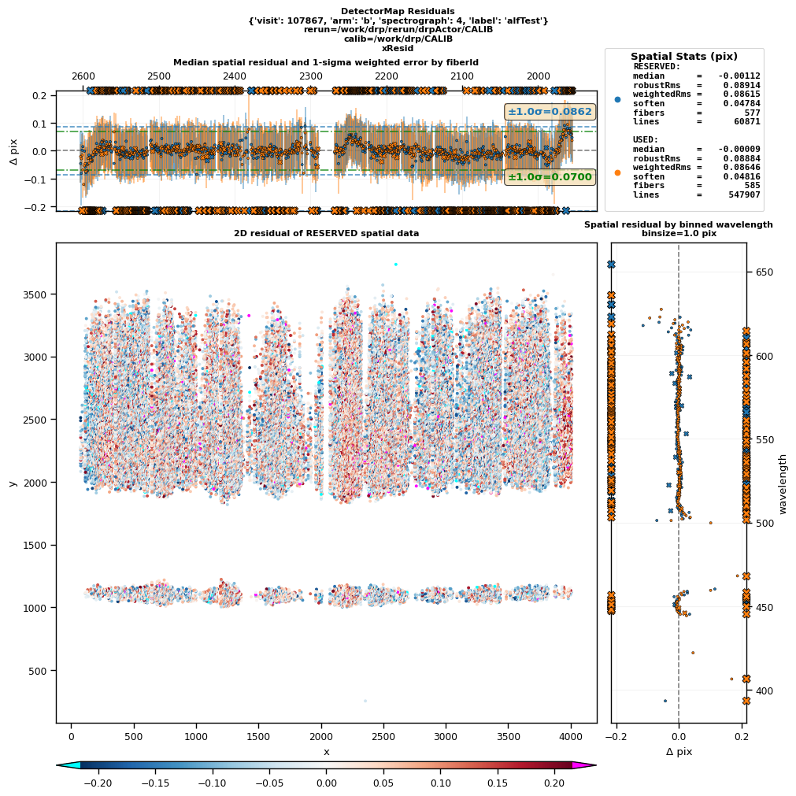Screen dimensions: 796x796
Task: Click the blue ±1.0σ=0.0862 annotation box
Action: pos(550,112)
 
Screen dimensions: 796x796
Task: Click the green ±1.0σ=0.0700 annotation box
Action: pos(550,177)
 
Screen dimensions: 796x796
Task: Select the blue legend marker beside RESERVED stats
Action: pos(617,99)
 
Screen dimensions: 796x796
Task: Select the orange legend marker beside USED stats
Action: pos(617,172)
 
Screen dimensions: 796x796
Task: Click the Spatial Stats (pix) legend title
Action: pos(683,56)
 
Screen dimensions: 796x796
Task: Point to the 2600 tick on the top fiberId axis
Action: pos(83,76)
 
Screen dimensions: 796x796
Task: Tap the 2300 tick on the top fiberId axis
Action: pos(311,76)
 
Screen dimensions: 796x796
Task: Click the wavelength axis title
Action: pos(783,483)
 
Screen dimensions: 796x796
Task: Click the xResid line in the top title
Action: pos(398,48)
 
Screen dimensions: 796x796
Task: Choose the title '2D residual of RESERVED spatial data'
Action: pos(326,233)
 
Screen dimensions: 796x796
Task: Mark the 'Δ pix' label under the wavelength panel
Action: pos(679,752)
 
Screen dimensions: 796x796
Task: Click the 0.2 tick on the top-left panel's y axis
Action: pos(38,95)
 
